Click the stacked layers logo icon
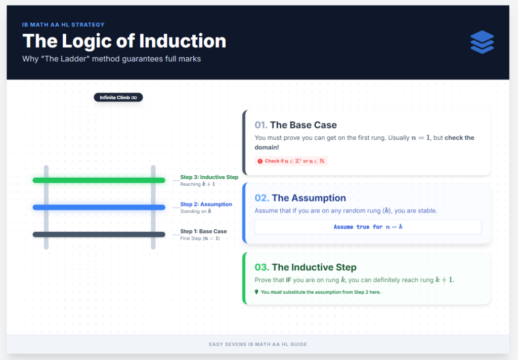click(482, 42)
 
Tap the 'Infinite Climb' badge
click(118, 97)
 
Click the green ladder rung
click(99, 180)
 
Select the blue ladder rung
click(99, 207)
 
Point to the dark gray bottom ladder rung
click(99, 234)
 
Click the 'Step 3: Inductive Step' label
click(209, 177)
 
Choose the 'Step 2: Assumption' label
click(206, 205)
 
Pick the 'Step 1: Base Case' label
click(203, 231)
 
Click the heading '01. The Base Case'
click(295, 125)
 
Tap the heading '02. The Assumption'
click(300, 198)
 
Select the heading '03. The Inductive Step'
click(306, 267)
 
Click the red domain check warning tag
click(291, 161)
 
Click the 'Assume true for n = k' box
click(368, 227)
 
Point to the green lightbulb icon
click(257, 292)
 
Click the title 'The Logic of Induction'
click(124, 41)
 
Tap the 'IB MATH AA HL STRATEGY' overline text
click(63, 24)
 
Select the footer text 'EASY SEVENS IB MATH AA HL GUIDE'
click(257, 344)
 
